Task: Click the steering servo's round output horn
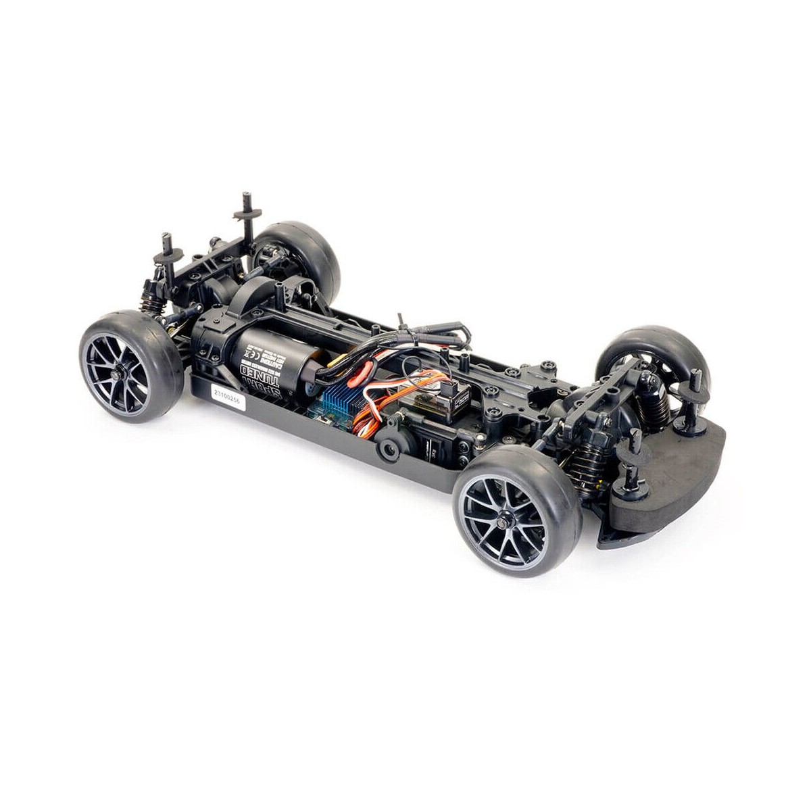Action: pos(391,447)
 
